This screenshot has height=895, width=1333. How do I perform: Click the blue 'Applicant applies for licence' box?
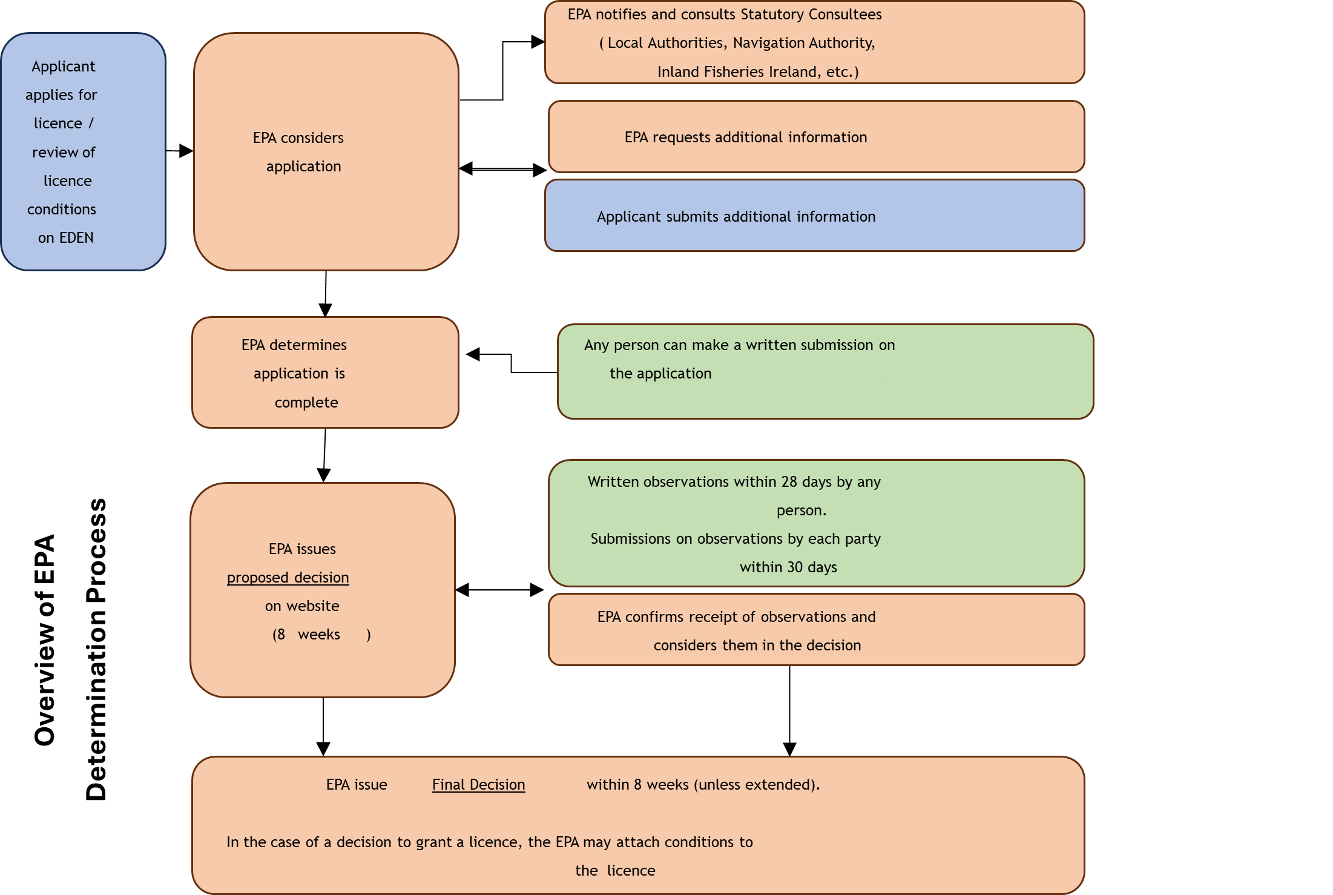click(x=83, y=151)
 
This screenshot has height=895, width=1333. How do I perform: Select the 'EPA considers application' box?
click(x=326, y=151)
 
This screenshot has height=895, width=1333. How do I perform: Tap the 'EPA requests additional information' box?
click(x=815, y=137)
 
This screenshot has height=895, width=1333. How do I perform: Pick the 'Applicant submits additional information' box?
click(x=814, y=216)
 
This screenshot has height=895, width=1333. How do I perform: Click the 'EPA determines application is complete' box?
click(x=325, y=372)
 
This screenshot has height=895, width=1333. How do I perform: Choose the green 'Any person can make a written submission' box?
click(x=825, y=371)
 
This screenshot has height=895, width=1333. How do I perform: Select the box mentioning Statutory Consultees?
click(x=814, y=42)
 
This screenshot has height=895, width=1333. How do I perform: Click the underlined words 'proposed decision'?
click(x=288, y=578)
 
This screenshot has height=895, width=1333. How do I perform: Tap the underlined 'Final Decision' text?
click(x=478, y=785)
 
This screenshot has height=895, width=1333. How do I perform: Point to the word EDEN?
click(x=76, y=238)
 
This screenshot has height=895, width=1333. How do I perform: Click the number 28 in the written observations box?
click(x=789, y=482)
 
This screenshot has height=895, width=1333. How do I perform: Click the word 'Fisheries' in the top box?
click(x=732, y=72)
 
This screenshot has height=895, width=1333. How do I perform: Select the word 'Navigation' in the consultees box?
click(x=768, y=43)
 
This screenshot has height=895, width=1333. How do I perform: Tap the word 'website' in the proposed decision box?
click(x=312, y=606)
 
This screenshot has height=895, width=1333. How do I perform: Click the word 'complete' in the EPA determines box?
click(x=306, y=403)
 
